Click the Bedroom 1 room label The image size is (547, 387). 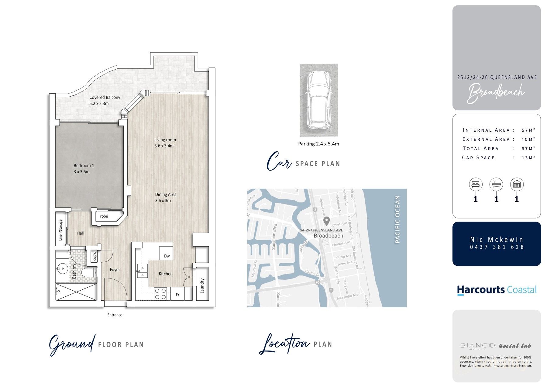click(x=84, y=168)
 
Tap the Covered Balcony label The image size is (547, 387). click(x=105, y=100)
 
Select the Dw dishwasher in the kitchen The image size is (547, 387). click(x=167, y=256)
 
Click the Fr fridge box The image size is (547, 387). click(x=178, y=294)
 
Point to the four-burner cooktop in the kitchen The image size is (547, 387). click(x=160, y=294)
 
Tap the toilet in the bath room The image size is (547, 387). click(x=89, y=273)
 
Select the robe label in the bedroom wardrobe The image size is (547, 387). click(x=104, y=216)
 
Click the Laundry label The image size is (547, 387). click(x=202, y=286)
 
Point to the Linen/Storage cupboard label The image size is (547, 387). click(x=61, y=230)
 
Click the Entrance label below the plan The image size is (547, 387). click(x=115, y=315)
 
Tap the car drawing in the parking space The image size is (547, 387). click(x=318, y=100)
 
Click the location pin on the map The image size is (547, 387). click(x=326, y=221)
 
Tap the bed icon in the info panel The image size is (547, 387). click(x=476, y=184)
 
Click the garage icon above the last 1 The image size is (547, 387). click(x=517, y=184)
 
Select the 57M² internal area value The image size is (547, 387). click(x=528, y=130)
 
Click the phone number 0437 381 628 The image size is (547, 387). click(x=497, y=247)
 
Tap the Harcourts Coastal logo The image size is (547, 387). click(x=497, y=290)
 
